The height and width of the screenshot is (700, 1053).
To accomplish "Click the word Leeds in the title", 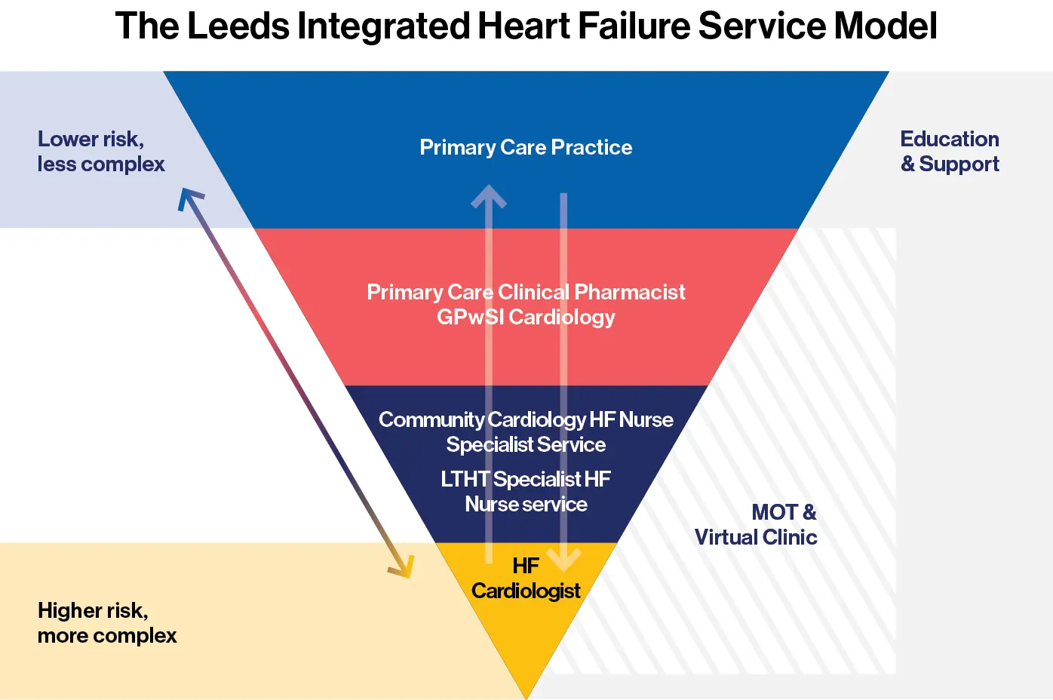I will [x=238, y=26].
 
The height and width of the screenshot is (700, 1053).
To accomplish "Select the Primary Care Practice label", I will [x=526, y=147].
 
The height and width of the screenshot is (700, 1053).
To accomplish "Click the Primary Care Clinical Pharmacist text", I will [x=526, y=292].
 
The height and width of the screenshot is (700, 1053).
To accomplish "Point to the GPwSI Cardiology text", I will [x=526, y=317].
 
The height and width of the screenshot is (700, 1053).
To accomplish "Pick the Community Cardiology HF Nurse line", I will [x=526, y=419].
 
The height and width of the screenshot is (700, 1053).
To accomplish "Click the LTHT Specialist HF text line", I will [x=526, y=479].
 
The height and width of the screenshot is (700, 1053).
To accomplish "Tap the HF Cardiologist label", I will [x=526, y=579].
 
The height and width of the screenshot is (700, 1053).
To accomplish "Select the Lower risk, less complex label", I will [x=100, y=152].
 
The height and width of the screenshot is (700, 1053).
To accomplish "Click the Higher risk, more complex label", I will [x=106, y=623].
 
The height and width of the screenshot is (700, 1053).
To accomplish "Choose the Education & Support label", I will [x=950, y=152].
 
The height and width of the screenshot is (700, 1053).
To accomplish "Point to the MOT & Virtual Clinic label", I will [x=757, y=524].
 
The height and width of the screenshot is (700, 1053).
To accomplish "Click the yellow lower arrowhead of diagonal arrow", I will [x=404, y=567].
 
